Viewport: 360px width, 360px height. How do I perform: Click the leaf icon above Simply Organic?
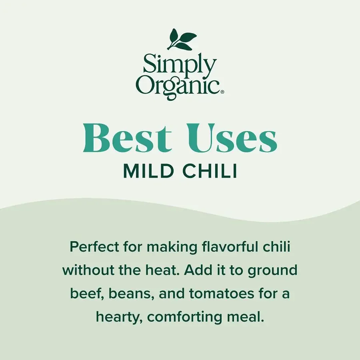pos(182,39)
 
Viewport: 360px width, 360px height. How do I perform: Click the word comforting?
pos(189,318)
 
